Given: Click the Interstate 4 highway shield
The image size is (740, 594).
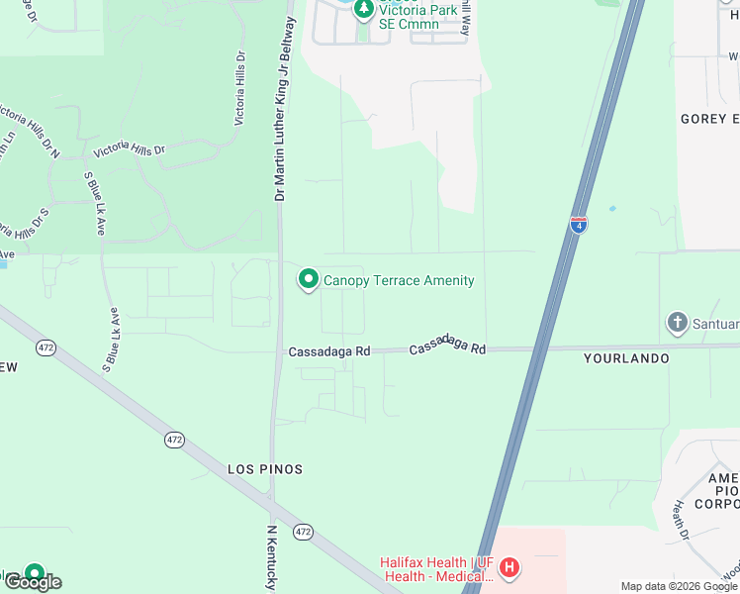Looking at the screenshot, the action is (x=579, y=225).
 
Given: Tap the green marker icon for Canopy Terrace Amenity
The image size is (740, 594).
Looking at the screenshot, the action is (x=308, y=280).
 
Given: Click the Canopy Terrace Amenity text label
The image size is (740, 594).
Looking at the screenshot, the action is (x=399, y=281).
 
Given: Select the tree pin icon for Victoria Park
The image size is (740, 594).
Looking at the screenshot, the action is (x=363, y=9).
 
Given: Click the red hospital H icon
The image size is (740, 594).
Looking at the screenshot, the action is (x=509, y=567).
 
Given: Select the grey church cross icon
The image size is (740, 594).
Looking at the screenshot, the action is (x=677, y=322).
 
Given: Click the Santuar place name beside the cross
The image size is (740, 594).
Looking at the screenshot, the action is (x=717, y=323).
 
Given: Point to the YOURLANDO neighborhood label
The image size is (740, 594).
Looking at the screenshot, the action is (x=626, y=358).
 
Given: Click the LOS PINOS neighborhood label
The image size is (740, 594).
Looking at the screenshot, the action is (x=265, y=468).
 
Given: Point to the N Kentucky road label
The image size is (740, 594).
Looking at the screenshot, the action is (x=270, y=557).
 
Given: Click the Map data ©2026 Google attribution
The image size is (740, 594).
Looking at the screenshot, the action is (x=679, y=586).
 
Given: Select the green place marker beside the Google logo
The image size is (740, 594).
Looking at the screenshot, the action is (x=35, y=572).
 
